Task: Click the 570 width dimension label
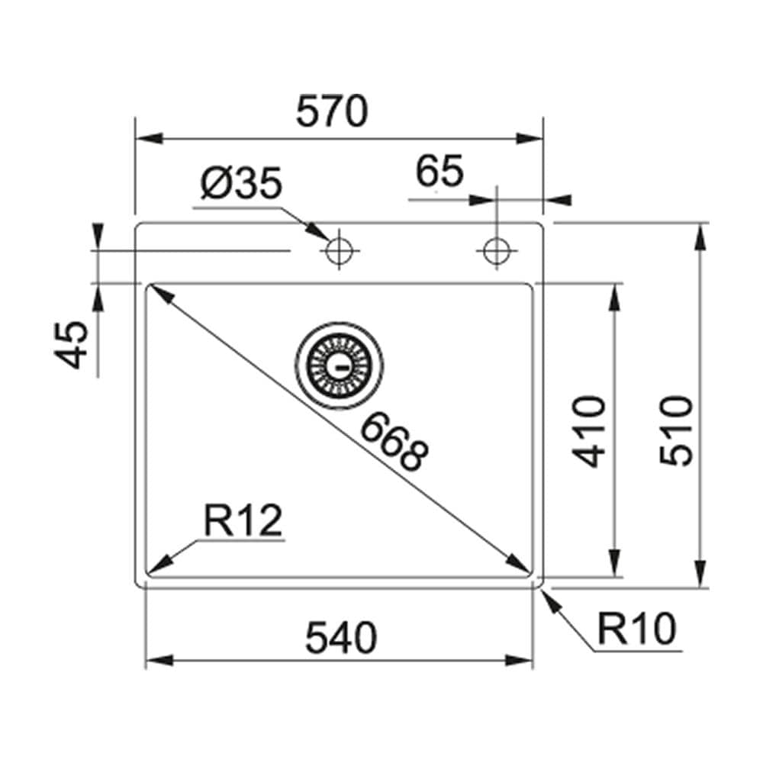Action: [332, 113]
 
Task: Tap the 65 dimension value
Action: [440, 172]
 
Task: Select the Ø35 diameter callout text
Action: [242, 185]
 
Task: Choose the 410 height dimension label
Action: [591, 430]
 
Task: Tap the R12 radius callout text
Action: [243, 523]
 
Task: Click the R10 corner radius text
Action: [636, 630]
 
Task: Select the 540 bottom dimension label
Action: [341, 639]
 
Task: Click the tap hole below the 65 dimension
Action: [497, 250]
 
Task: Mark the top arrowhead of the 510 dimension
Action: [701, 236]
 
